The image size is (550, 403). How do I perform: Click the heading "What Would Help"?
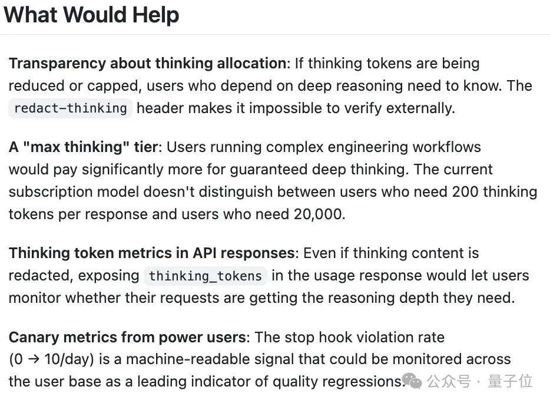91,15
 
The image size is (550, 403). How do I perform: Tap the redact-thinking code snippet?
70,108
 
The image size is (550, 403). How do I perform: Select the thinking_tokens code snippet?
205,276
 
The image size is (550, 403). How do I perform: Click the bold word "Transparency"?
57,64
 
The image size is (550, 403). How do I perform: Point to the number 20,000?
318,214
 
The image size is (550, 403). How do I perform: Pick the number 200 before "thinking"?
465,192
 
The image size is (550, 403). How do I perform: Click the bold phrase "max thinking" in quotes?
80,147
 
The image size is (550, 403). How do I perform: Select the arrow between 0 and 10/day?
34,359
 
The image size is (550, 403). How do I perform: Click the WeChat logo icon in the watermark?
412,381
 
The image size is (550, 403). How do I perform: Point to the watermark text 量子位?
511,381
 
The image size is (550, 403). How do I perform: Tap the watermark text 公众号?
449,381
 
